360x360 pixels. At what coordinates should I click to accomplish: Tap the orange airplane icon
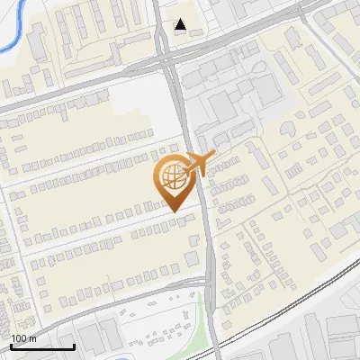[198, 164]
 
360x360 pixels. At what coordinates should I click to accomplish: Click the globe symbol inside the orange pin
[172, 176]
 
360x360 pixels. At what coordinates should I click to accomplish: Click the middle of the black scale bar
[42, 346]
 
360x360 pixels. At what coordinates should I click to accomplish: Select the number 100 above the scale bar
[19, 338]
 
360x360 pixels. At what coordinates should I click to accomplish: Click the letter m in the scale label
[33, 339]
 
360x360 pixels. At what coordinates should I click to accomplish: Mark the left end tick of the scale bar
[11, 346]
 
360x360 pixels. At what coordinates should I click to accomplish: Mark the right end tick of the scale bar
[74, 346]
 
